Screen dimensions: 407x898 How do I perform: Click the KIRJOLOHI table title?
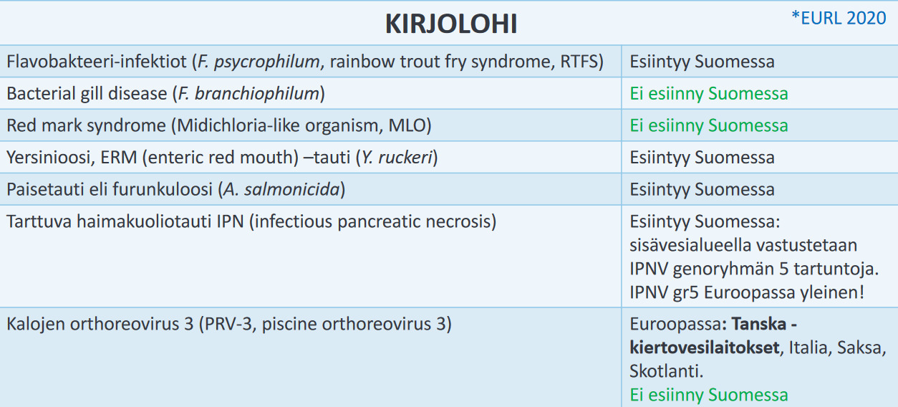pos(451,24)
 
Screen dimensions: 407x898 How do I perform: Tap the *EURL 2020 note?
pos(839,18)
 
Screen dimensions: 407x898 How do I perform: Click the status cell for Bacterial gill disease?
pos(708,94)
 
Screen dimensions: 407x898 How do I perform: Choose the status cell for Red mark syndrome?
pos(708,126)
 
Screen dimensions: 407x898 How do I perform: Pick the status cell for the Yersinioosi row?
pos(702,158)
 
